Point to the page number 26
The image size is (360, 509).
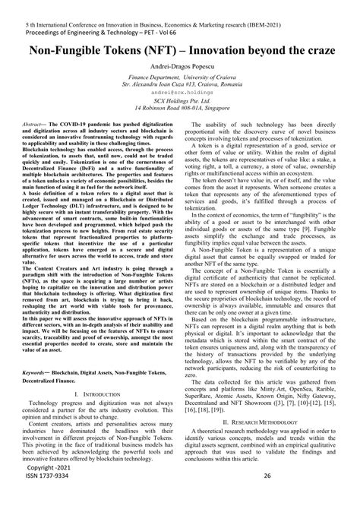267,498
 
